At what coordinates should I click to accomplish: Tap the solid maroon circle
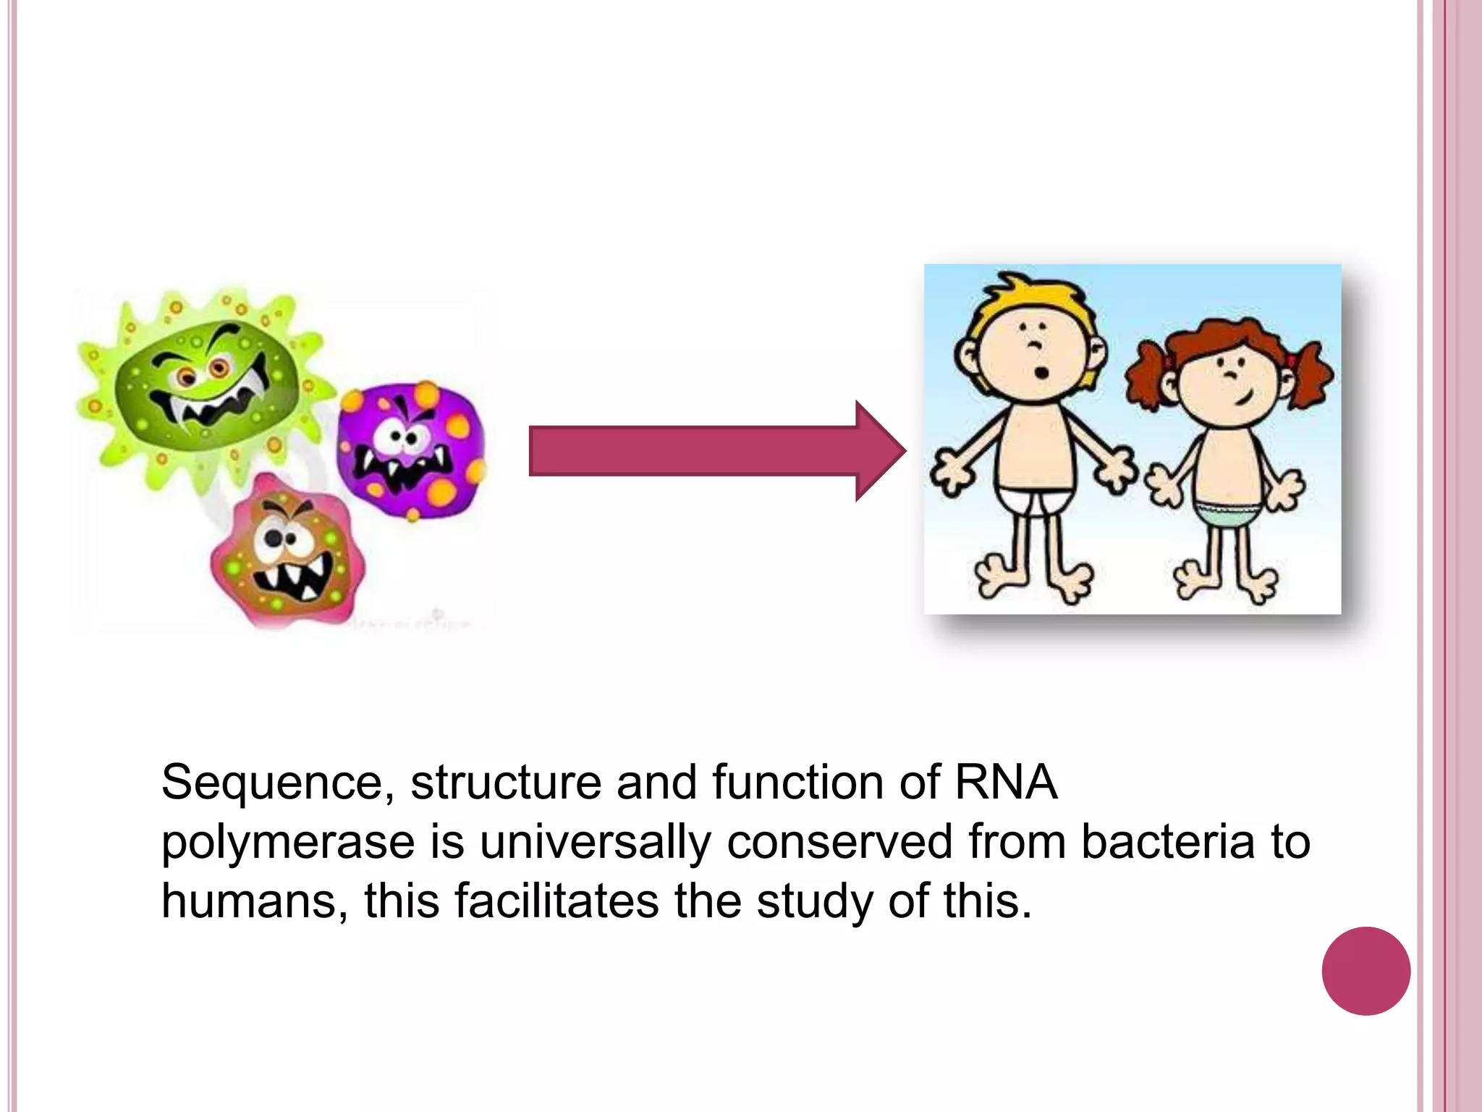point(1365,971)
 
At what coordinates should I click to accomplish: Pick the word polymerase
point(287,843)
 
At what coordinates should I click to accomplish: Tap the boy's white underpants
point(1035,499)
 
